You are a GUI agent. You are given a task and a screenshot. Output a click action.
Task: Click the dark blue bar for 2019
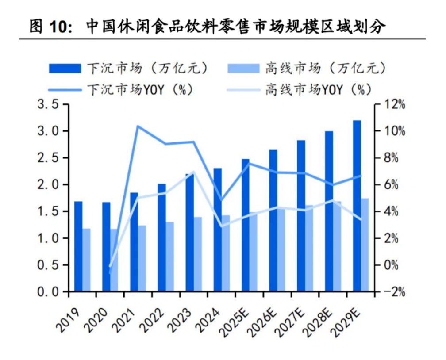pos(78,246)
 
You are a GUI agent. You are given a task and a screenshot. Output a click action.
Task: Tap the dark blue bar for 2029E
pos(357,206)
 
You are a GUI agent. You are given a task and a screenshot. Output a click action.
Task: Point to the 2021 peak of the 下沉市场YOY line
pos(138,126)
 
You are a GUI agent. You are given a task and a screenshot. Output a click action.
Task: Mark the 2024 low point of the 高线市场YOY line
pos(221,226)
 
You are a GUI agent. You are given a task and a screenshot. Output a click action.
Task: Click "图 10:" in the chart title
pos(50,27)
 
